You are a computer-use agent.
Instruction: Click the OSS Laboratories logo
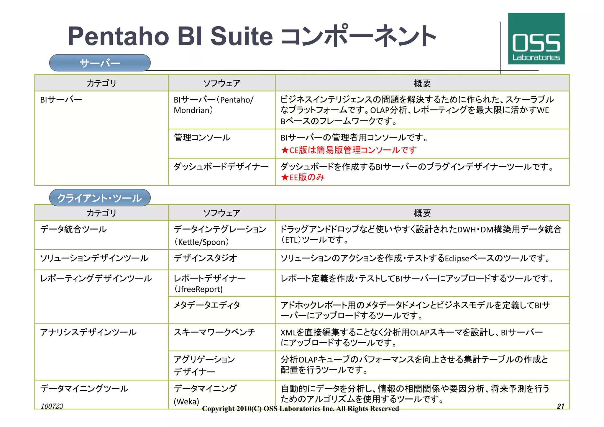[536, 39]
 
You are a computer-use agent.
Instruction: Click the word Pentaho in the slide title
[118, 36]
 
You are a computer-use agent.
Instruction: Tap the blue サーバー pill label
[100, 63]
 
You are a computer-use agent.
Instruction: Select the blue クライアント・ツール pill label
[100, 198]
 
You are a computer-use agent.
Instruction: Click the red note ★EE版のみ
[303, 177]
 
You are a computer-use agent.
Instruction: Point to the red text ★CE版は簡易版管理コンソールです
[349, 150]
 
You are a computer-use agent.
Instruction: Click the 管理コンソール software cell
[202, 138]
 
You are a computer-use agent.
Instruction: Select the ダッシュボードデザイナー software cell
[221, 167]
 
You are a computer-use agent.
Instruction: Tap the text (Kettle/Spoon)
[201, 242]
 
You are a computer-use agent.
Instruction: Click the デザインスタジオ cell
[205, 258]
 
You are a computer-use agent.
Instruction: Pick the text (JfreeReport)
[198, 289]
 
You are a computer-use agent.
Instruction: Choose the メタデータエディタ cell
[207, 305]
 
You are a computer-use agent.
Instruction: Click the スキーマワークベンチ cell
[214, 332]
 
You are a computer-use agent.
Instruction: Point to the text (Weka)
[186, 401]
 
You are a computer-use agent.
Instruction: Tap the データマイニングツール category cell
[84, 389]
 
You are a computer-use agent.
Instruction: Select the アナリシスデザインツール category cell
[88, 332]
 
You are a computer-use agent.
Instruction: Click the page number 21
[560, 406]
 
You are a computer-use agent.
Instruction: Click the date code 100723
[52, 406]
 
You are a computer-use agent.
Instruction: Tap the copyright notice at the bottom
[300, 409]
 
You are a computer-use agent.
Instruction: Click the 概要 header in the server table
[422, 83]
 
